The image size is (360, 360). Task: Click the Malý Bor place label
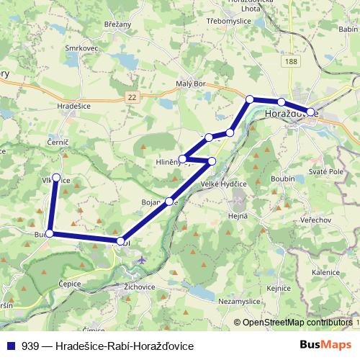coord(191,84)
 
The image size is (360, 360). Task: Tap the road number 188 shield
coord(291,63)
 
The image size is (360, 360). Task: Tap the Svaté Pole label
coord(325,172)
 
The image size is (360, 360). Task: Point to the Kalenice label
coord(325,273)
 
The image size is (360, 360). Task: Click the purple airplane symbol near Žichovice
coord(142,259)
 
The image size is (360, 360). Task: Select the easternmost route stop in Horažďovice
coord(310,112)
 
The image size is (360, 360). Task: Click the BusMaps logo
coord(326,345)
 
